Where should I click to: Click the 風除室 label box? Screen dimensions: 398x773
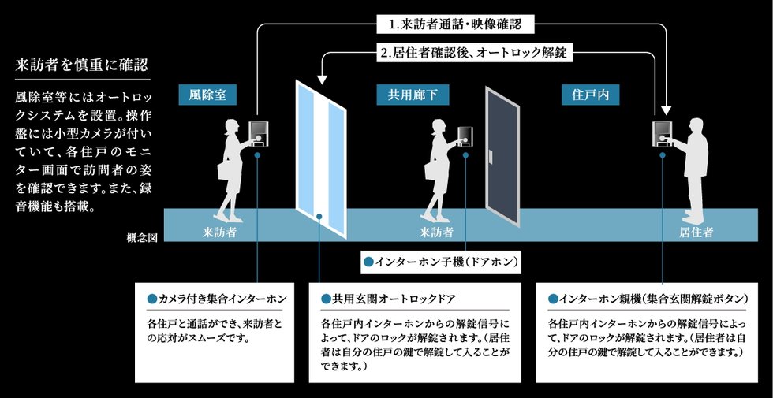point(207,95)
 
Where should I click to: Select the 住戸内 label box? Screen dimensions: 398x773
point(590,95)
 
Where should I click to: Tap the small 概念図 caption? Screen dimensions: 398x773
point(142,236)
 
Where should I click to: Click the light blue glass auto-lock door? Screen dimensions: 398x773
point(320,150)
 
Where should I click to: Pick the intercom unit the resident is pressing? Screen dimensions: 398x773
point(661,132)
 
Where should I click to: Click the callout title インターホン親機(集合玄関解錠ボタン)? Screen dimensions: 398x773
point(644,300)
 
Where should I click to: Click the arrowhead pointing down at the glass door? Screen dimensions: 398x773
point(321,79)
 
